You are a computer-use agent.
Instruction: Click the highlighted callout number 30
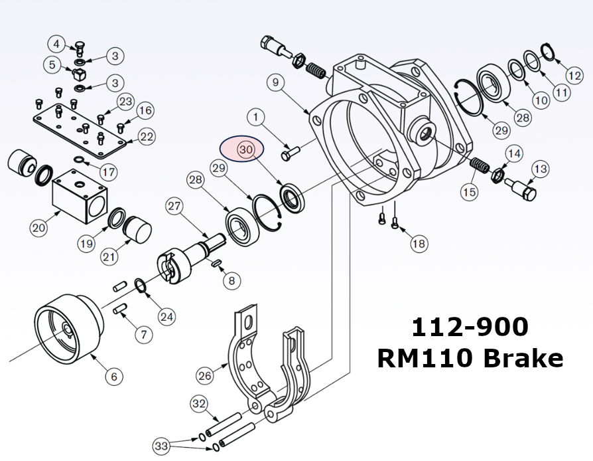click(245, 150)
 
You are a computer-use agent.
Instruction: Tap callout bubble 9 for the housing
click(277, 82)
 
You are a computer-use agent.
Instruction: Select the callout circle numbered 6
click(113, 377)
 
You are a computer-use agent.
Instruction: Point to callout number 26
click(206, 376)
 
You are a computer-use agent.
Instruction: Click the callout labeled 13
click(541, 169)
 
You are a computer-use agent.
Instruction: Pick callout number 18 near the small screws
click(419, 244)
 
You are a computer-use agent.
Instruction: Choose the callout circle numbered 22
click(147, 137)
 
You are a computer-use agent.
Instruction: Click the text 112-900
click(470, 327)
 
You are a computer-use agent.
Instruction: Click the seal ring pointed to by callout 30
click(293, 199)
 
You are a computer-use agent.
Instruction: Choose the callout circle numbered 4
click(57, 45)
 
